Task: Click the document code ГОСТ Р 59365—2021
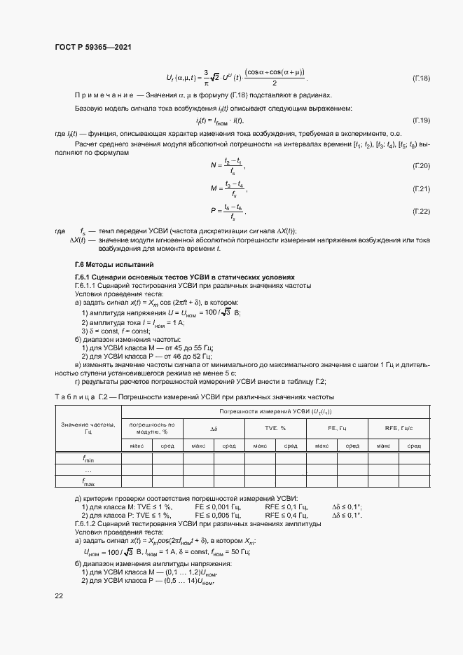pyautogui.click(x=93, y=47)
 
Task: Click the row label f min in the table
pyautogui.click(x=88, y=459)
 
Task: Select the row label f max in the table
pyautogui.click(x=88, y=482)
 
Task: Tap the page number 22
pyautogui.click(x=59, y=595)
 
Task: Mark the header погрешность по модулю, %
pyautogui.click(x=151, y=427)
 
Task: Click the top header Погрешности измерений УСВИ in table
pyautogui.click(x=275, y=412)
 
